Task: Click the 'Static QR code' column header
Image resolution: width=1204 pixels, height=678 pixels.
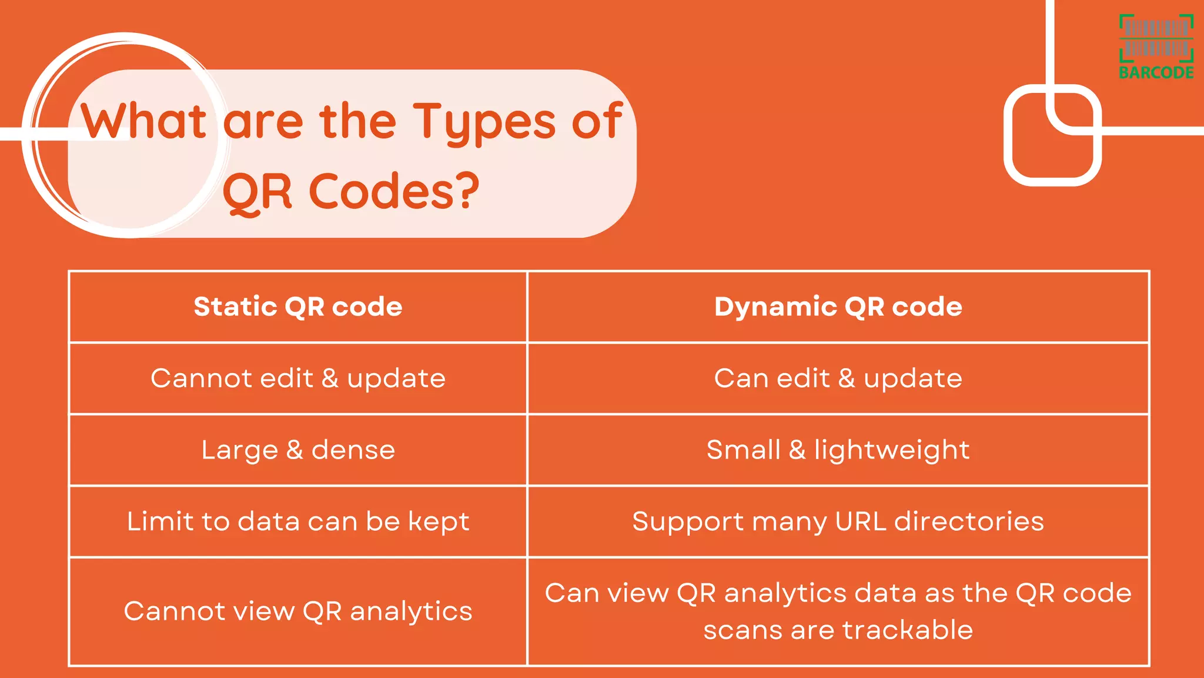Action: pos(298,307)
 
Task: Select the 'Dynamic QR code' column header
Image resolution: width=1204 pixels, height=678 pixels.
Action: pos(838,307)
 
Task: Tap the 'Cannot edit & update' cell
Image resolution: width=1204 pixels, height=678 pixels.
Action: pos(298,378)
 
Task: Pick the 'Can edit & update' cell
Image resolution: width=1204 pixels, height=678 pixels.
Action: pos(838,378)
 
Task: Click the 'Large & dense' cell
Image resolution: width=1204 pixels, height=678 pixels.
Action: pos(298,450)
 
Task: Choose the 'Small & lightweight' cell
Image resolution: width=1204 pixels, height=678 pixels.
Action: pos(838,450)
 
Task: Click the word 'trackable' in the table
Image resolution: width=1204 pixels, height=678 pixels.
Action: pos(908,630)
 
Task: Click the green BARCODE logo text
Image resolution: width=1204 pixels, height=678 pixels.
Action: pos(1156,73)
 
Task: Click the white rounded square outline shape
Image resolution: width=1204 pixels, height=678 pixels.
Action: pos(1052,135)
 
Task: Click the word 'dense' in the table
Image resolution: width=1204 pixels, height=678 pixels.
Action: pos(353,450)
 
